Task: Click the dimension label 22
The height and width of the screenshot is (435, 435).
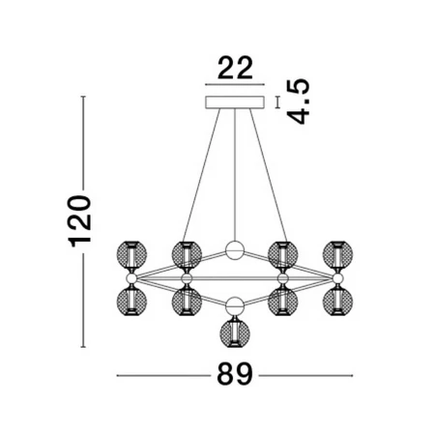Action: [235, 68]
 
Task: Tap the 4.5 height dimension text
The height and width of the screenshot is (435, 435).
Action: [299, 101]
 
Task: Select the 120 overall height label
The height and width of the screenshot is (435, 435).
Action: [79, 221]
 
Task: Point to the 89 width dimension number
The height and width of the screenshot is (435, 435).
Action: [235, 374]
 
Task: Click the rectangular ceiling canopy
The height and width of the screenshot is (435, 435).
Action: [235, 102]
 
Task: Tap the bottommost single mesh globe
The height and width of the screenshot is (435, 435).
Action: [235, 333]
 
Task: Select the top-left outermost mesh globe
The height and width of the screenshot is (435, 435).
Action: [131, 255]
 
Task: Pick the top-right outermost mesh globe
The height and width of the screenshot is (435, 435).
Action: [337, 255]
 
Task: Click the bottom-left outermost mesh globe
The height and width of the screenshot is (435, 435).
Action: [131, 302]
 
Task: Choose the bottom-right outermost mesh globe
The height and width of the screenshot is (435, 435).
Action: [337, 302]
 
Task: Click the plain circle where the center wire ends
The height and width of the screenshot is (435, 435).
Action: [235, 250]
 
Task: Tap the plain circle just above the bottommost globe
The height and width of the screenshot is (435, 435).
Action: [235, 306]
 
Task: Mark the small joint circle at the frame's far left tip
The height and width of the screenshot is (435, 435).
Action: [131, 278]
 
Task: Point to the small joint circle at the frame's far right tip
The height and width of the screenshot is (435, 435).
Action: [337, 278]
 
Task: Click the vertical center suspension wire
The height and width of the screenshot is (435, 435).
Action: [235, 175]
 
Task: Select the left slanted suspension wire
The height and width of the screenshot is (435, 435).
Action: [201, 175]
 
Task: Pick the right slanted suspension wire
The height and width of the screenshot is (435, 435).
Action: [269, 175]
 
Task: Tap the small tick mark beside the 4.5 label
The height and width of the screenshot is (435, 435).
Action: [277, 102]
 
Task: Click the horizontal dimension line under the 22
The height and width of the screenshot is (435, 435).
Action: [235, 85]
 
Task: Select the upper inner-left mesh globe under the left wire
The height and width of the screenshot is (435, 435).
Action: [187, 255]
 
